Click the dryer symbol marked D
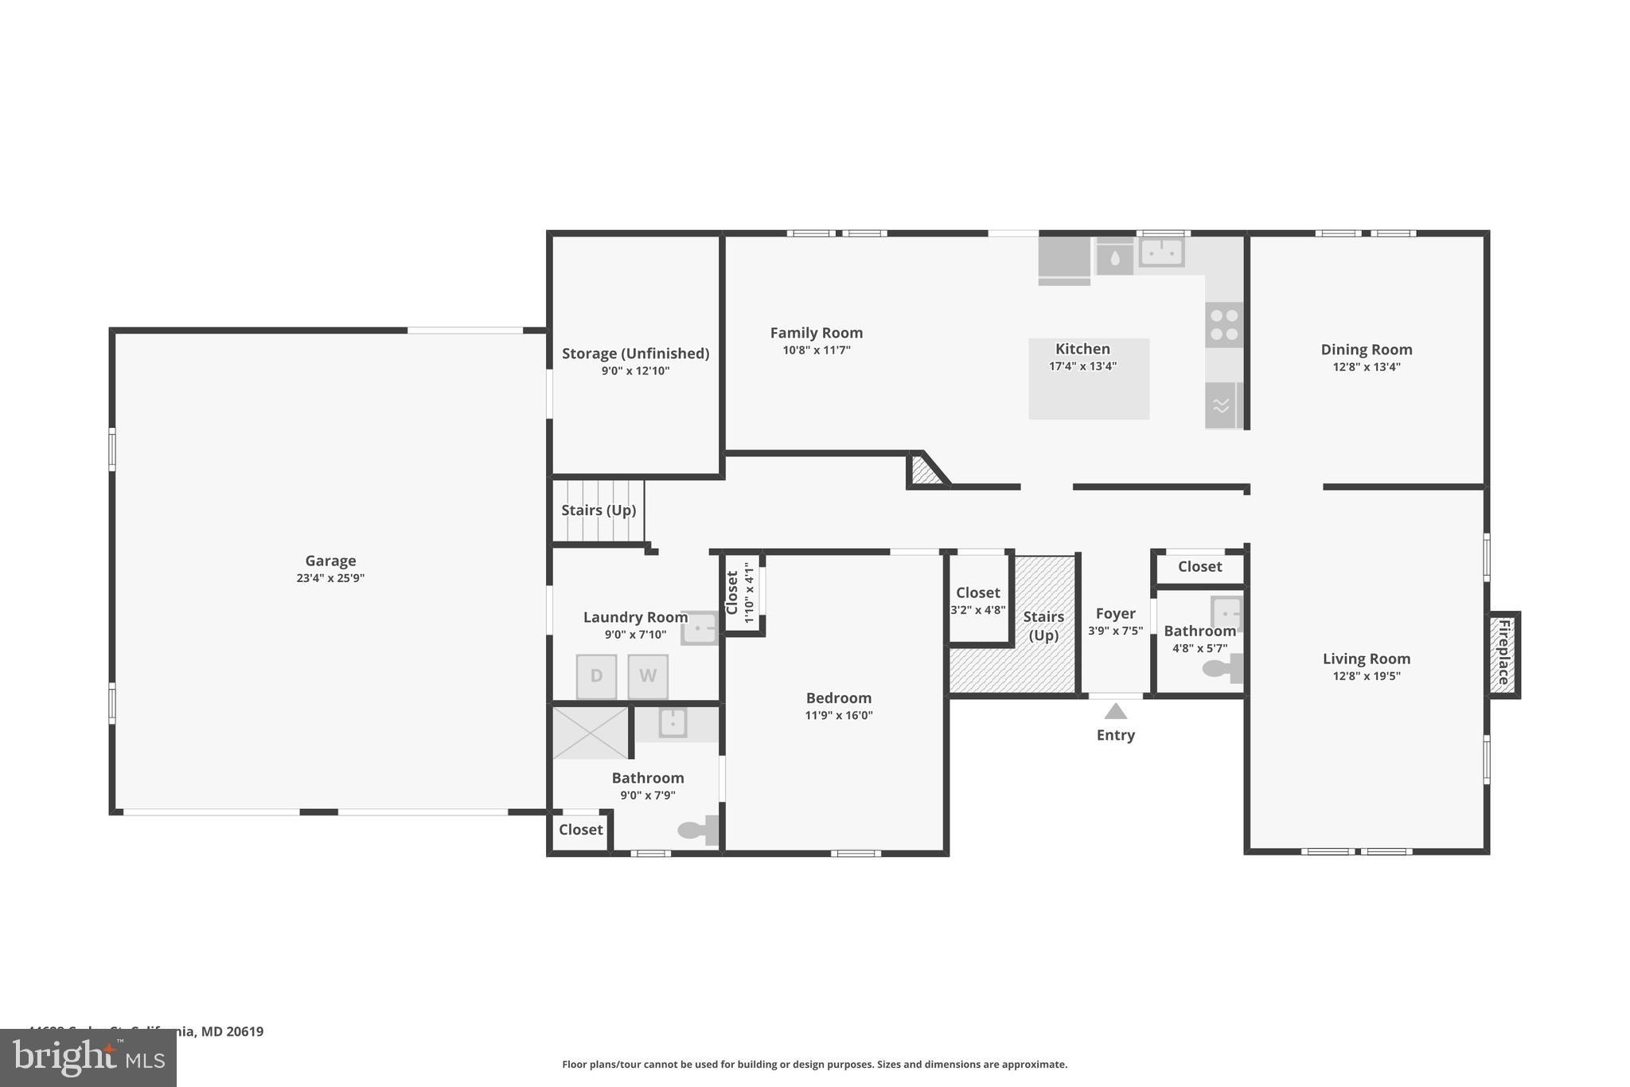tap(596, 676)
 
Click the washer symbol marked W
tap(647, 676)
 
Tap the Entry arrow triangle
tap(1115, 711)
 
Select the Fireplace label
tap(1503, 653)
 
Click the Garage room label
tap(330, 561)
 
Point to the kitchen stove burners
tap(1223, 325)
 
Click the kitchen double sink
tap(1161, 252)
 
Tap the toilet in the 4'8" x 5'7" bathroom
tap(1220, 668)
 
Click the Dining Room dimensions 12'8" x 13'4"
tap(1366, 367)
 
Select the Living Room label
tap(1366, 659)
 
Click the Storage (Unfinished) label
tap(635, 354)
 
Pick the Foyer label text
tap(1115, 613)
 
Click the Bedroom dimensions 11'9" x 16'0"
tap(838, 715)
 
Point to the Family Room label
tap(816, 333)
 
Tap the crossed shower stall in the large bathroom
tap(591, 732)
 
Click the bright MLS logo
tap(88, 1058)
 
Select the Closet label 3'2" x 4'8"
tap(977, 592)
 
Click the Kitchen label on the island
tap(1082, 349)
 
